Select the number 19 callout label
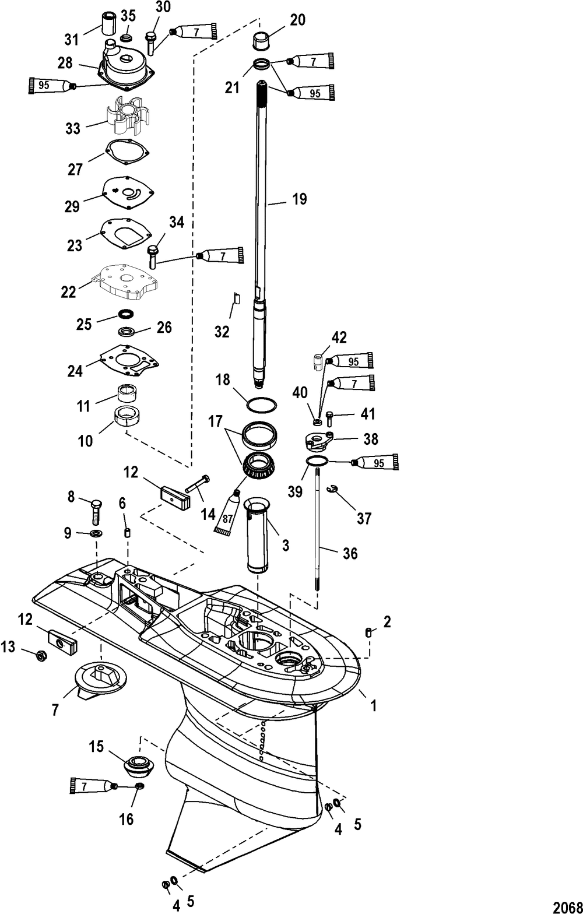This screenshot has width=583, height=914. (299, 199)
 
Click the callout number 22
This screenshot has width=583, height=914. (69, 291)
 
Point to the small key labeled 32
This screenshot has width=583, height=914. (237, 298)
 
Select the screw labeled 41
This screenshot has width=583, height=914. (331, 418)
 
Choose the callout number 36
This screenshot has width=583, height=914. (350, 553)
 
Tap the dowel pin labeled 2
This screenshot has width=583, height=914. (368, 633)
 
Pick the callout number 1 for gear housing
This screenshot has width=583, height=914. (374, 706)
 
